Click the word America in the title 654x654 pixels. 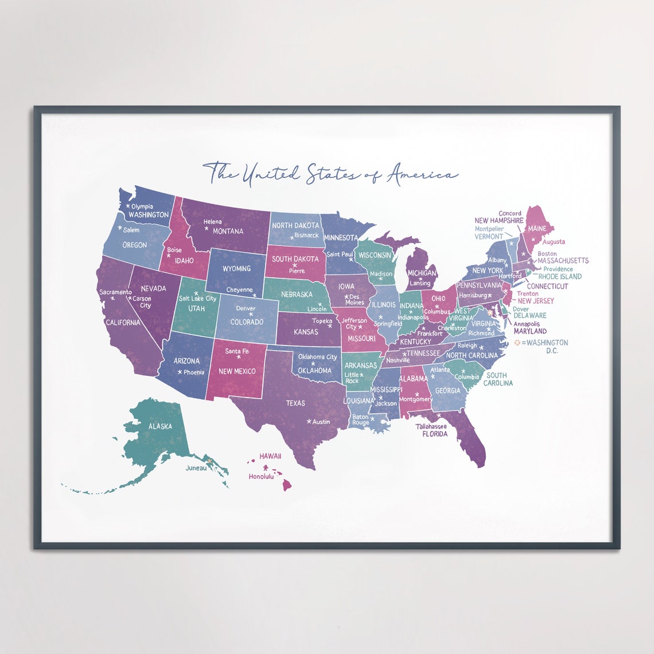tap(423, 173)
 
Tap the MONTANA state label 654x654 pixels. tap(228, 232)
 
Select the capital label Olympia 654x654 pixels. tap(142, 207)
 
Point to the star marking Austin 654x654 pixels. tap(309, 422)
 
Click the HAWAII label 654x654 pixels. tap(270, 456)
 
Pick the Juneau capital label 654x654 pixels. tap(196, 468)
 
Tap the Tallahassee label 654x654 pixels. tap(431, 426)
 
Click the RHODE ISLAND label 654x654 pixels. tap(560, 277)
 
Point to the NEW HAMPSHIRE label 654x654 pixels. tap(499, 221)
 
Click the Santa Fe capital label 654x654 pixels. tap(237, 351)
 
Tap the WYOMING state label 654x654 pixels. tap(236, 268)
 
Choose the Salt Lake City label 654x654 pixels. tap(197, 298)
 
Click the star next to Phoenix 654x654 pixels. tap(180, 372)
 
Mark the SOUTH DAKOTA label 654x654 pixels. tap(295, 259)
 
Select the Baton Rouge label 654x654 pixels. tap(360, 420)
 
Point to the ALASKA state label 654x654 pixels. tap(160, 426)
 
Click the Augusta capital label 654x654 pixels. tap(554, 242)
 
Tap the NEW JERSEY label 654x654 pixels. tap(536, 301)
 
